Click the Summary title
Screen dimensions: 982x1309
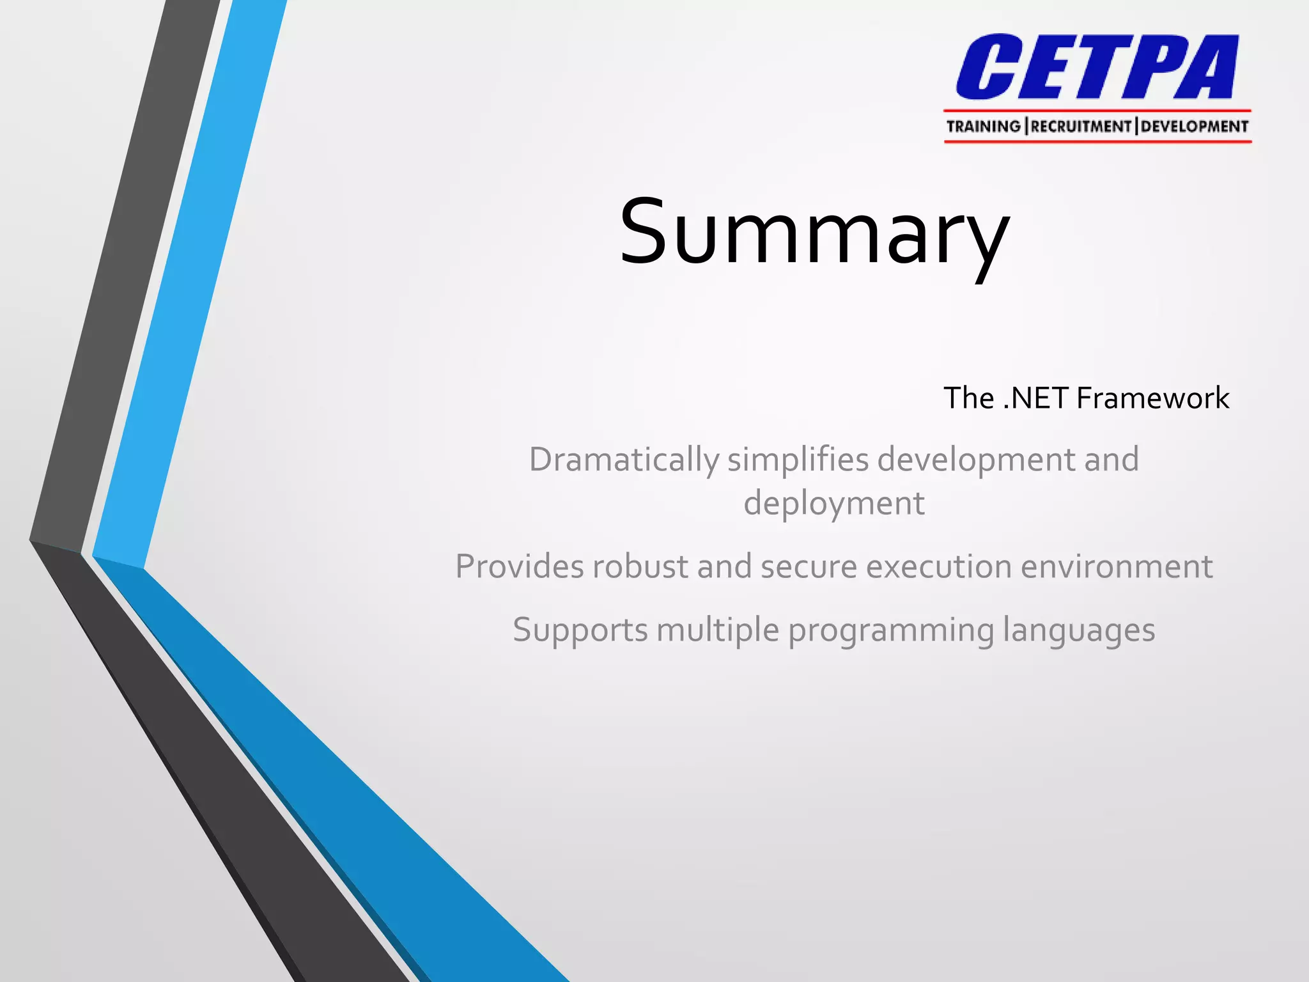(x=814, y=233)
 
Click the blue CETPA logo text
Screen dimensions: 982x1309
(x=1097, y=68)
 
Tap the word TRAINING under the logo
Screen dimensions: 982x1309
(x=983, y=127)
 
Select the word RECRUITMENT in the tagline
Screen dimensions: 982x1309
(x=1081, y=127)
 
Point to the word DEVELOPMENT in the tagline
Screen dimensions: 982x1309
(x=1194, y=127)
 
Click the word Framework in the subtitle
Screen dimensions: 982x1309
(x=1152, y=398)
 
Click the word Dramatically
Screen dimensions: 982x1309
(x=624, y=460)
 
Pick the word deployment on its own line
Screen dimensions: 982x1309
(x=833, y=504)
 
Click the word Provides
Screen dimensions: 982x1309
(x=518, y=566)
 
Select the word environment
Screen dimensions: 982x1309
(x=1117, y=566)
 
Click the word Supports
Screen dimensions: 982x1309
(x=580, y=630)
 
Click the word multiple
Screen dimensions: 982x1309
(x=718, y=630)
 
